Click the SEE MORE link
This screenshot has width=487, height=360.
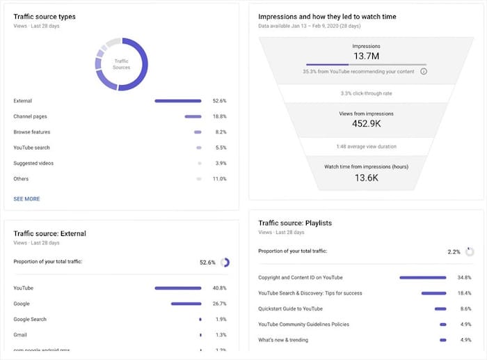pyautogui.click(x=26, y=199)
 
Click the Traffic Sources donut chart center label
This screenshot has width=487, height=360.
pyautogui.click(x=122, y=65)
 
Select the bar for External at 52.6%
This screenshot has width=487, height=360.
pyautogui.click(x=177, y=101)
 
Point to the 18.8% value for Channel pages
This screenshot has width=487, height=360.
pyautogui.click(x=219, y=116)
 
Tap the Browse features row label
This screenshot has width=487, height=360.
pyautogui.click(x=31, y=132)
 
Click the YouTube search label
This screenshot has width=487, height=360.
pyautogui.click(x=31, y=148)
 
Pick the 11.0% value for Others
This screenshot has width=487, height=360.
pyautogui.click(x=219, y=179)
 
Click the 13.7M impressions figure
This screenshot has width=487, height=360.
pyautogui.click(x=366, y=56)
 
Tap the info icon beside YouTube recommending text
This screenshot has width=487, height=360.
pyautogui.click(x=424, y=71)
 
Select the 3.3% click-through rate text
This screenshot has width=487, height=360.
pyautogui.click(x=366, y=93)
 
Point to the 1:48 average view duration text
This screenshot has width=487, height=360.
pyautogui.click(x=366, y=147)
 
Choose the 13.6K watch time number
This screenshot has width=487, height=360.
pyautogui.click(x=366, y=177)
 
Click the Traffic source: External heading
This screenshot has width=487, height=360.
pyautogui.click(x=49, y=233)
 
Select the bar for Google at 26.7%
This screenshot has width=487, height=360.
pyautogui.click(x=186, y=304)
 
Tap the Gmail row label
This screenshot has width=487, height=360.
pyautogui.click(x=20, y=335)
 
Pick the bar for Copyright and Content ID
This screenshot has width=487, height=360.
pyautogui.click(x=422, y=278)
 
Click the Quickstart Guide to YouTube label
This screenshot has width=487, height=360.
pyautogui.click(x=290, y=308)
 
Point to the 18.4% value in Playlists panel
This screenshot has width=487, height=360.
pyautogui.click(x=464, y=293)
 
